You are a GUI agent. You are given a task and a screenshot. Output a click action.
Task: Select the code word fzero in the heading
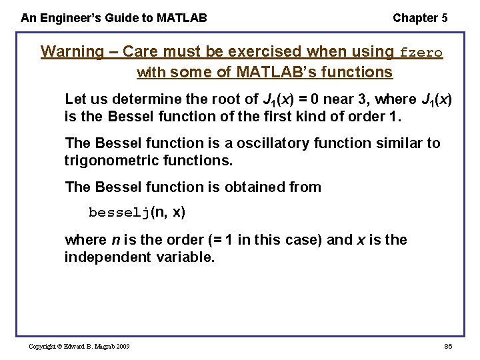pyautogui.click(x=421, y=53)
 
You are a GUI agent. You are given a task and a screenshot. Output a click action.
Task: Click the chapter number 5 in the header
pyautogui.click(x=444, y=18)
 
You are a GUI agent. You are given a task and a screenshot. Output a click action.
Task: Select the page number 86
pyautogui.click(x=447, y=347)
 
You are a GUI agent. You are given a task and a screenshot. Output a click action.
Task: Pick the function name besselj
pyautogui.click(x=119, y=213)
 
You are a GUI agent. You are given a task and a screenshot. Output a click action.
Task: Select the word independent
pyautogui.click(x=107, y=257)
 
